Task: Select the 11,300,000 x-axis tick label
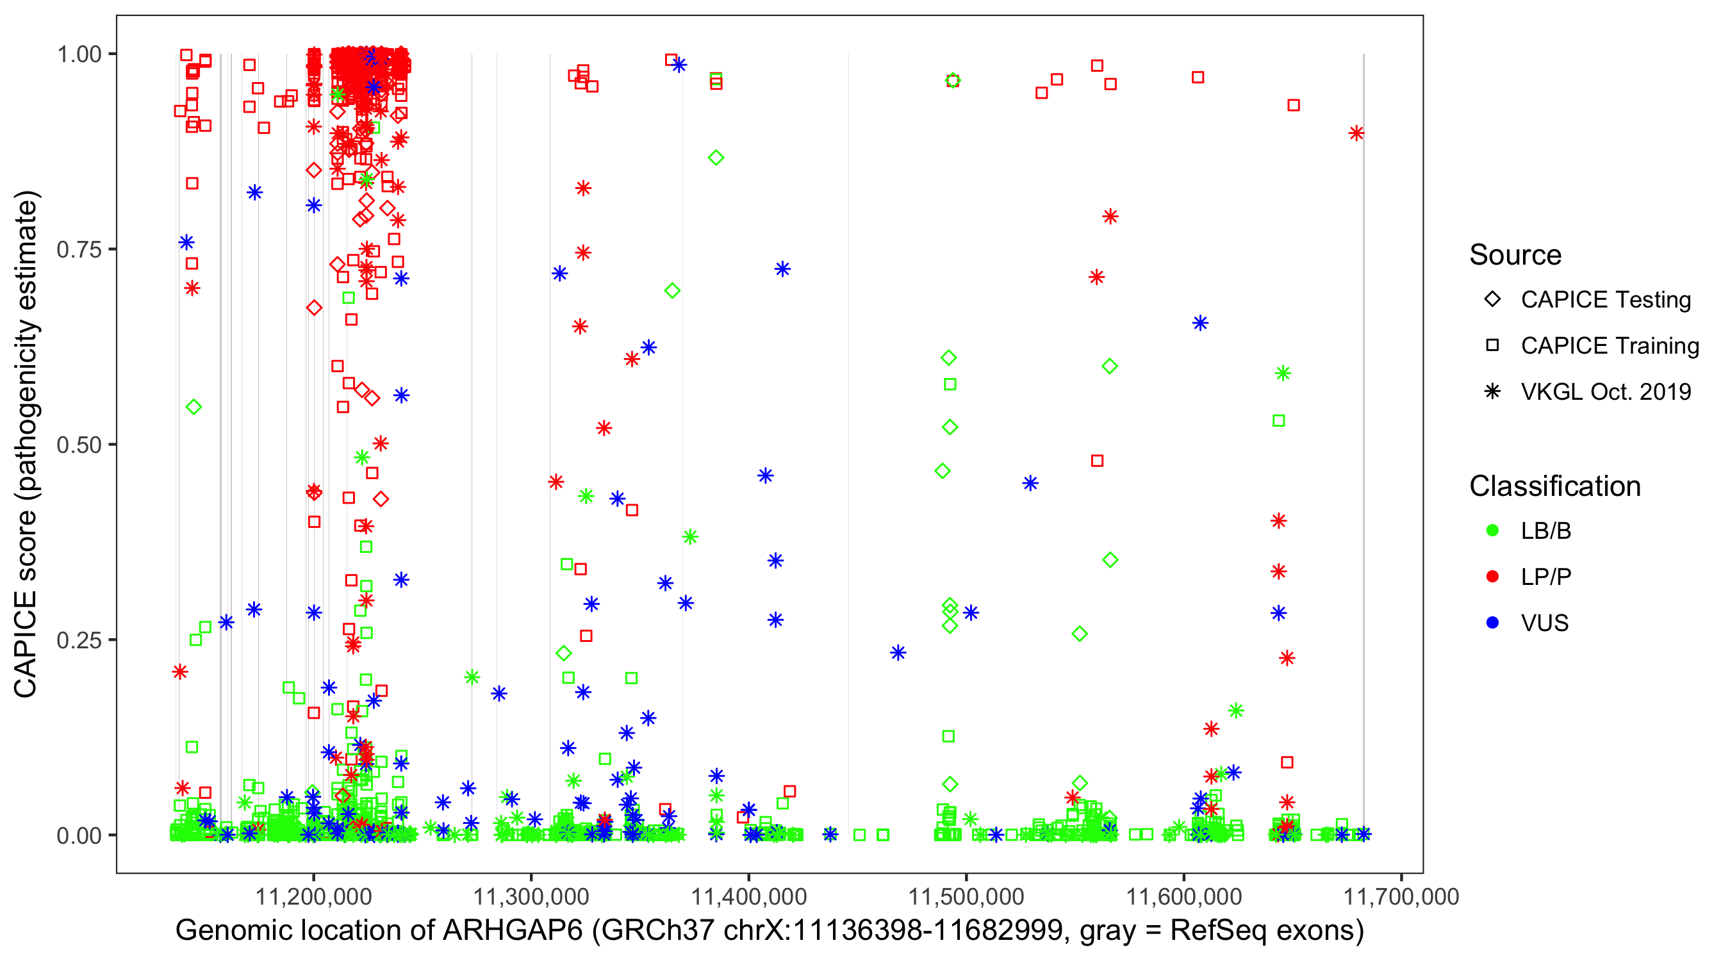click(x=531, y=896)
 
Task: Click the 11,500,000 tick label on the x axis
click(x=966, y=896)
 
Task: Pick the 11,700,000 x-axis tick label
click(x=1400, y=896)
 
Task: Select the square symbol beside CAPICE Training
click(x=1492, y=346)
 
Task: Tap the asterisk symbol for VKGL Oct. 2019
click(x=1492, y=391)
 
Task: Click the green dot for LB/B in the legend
click(x=1492, y=530)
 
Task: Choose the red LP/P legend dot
click(x=1492, y=577)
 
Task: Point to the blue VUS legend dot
click(x=1492, y=623)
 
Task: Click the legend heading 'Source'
click(x=1515, y=255)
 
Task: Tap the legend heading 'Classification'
click(x=1554, y=486)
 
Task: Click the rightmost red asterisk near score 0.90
click(x=1356, y=133)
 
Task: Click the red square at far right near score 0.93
click(x=1294, y=106)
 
